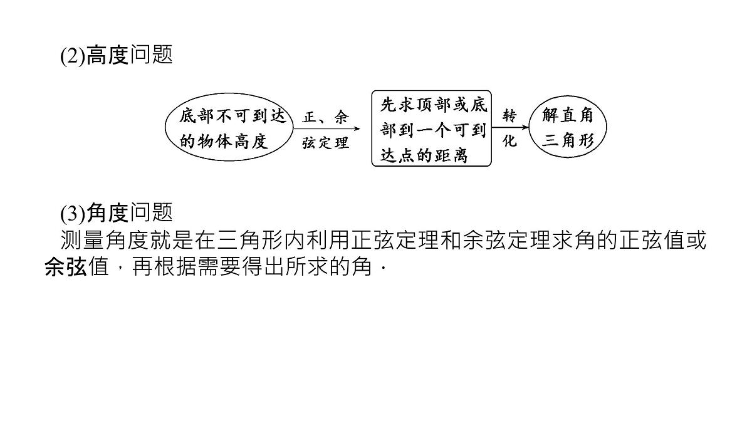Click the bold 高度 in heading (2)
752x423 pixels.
point(107,55)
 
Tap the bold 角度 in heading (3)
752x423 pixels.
point(107,213)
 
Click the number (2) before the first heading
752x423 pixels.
point(73,56)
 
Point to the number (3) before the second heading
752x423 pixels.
point(73,214)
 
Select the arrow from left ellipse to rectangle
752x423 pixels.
point(326,128)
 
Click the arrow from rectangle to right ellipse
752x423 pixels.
point(510,128)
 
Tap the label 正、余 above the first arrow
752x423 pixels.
point(325,117)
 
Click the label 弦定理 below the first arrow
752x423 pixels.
point(325,143)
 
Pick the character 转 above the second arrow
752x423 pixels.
point(509,116)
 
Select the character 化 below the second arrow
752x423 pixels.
point(509,140)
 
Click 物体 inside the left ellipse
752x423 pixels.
point(214,141)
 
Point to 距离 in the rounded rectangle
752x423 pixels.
point(451,155)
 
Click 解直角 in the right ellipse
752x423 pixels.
point(568,115)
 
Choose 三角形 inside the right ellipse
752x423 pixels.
point(568,140)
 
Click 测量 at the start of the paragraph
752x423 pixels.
point(83,240)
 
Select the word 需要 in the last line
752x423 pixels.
point(219,267)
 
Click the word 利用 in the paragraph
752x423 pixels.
point(317,240)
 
